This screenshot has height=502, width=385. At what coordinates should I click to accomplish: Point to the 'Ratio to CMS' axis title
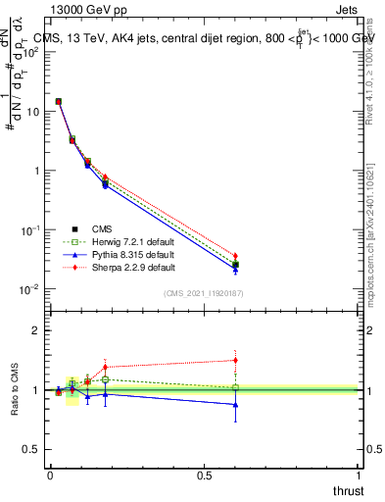click(x=16, y=390)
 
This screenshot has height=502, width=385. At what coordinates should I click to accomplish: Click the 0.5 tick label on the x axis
click(x=204, y=476)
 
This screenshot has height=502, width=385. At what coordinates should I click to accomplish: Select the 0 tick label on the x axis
click(x=50, y=476)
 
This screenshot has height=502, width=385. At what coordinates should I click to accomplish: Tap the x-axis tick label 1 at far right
click(x=359, y=476)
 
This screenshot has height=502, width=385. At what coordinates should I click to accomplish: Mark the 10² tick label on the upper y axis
click(x=31, y=52)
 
